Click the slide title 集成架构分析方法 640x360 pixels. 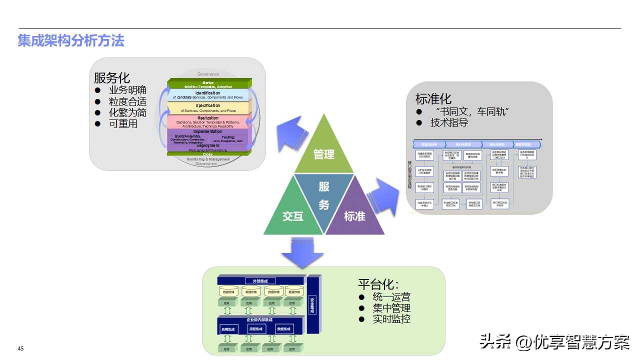[71, 40]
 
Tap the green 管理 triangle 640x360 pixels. [323, 150]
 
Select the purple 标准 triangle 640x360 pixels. [354, 212]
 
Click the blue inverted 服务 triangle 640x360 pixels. [324, 195]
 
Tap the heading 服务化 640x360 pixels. [112, 78]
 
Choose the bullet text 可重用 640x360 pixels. [123, 123]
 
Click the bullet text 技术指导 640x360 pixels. [449, 122]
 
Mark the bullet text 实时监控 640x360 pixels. [391, 319]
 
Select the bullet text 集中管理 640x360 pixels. [391, 308]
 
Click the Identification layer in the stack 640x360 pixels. [208, 95]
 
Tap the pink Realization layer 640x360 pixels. [208, 121]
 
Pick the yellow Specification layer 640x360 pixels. [208, 108]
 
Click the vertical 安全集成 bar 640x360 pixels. [313, 304]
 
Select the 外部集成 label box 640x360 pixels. [261, 280]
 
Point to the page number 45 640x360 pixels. [20, 348]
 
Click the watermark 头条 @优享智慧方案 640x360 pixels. [554, 342]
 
